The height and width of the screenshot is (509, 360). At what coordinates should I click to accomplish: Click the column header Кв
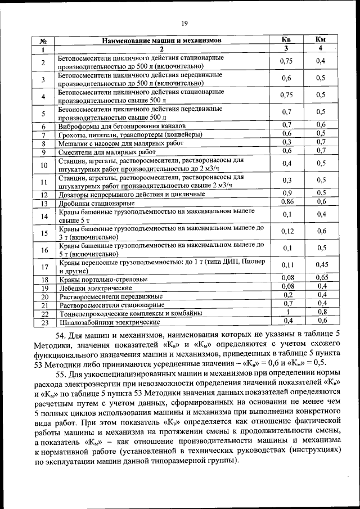tap(286, 39)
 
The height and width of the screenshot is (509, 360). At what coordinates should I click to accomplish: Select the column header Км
tap(321, 39)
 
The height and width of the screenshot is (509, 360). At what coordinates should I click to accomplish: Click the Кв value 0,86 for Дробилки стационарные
tap(287, 201)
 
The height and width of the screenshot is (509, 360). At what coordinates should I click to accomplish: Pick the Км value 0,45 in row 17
tap(321, 265)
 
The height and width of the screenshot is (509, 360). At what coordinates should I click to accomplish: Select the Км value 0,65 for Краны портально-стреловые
tap(321, 278)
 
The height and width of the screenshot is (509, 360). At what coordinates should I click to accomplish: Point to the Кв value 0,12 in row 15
tap(287, 231)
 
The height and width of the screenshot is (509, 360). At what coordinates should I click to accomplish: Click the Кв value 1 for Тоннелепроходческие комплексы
tap(287, 312)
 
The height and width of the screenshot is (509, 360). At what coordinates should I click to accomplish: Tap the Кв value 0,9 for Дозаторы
tap(287, 193)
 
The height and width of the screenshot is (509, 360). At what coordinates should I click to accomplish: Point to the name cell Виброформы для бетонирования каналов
tap(121, 125)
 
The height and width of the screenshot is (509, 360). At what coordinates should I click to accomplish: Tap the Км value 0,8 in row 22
tap(322, 312)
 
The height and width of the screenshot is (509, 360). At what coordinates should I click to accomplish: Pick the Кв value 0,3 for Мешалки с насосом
tap(287, 142)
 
